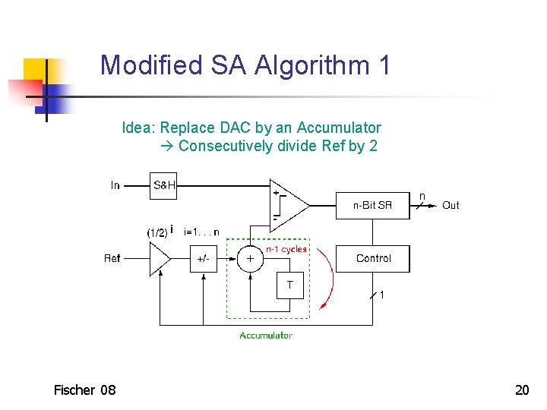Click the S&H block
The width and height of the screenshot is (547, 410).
(164, 185)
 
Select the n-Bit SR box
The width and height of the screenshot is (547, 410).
(372, 205)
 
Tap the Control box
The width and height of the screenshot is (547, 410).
(372, 259)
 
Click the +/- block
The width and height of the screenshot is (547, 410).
(203, 259)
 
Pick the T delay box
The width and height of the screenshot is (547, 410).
(290, 285)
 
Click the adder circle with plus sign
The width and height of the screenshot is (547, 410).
(250, 259)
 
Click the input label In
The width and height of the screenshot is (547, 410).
(115, 185)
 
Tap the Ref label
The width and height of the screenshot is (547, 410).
(112, 259)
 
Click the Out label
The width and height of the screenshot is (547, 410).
(451, 205)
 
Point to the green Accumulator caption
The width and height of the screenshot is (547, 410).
(266, 335)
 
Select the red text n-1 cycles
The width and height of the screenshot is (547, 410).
(286, 248)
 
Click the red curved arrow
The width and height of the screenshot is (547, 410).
(328, 277)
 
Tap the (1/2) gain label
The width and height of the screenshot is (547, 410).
(157, 232)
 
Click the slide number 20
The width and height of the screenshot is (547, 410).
(522, 390)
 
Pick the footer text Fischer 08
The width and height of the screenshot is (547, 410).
(84, 390)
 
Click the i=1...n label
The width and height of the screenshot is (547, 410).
(201, 232)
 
